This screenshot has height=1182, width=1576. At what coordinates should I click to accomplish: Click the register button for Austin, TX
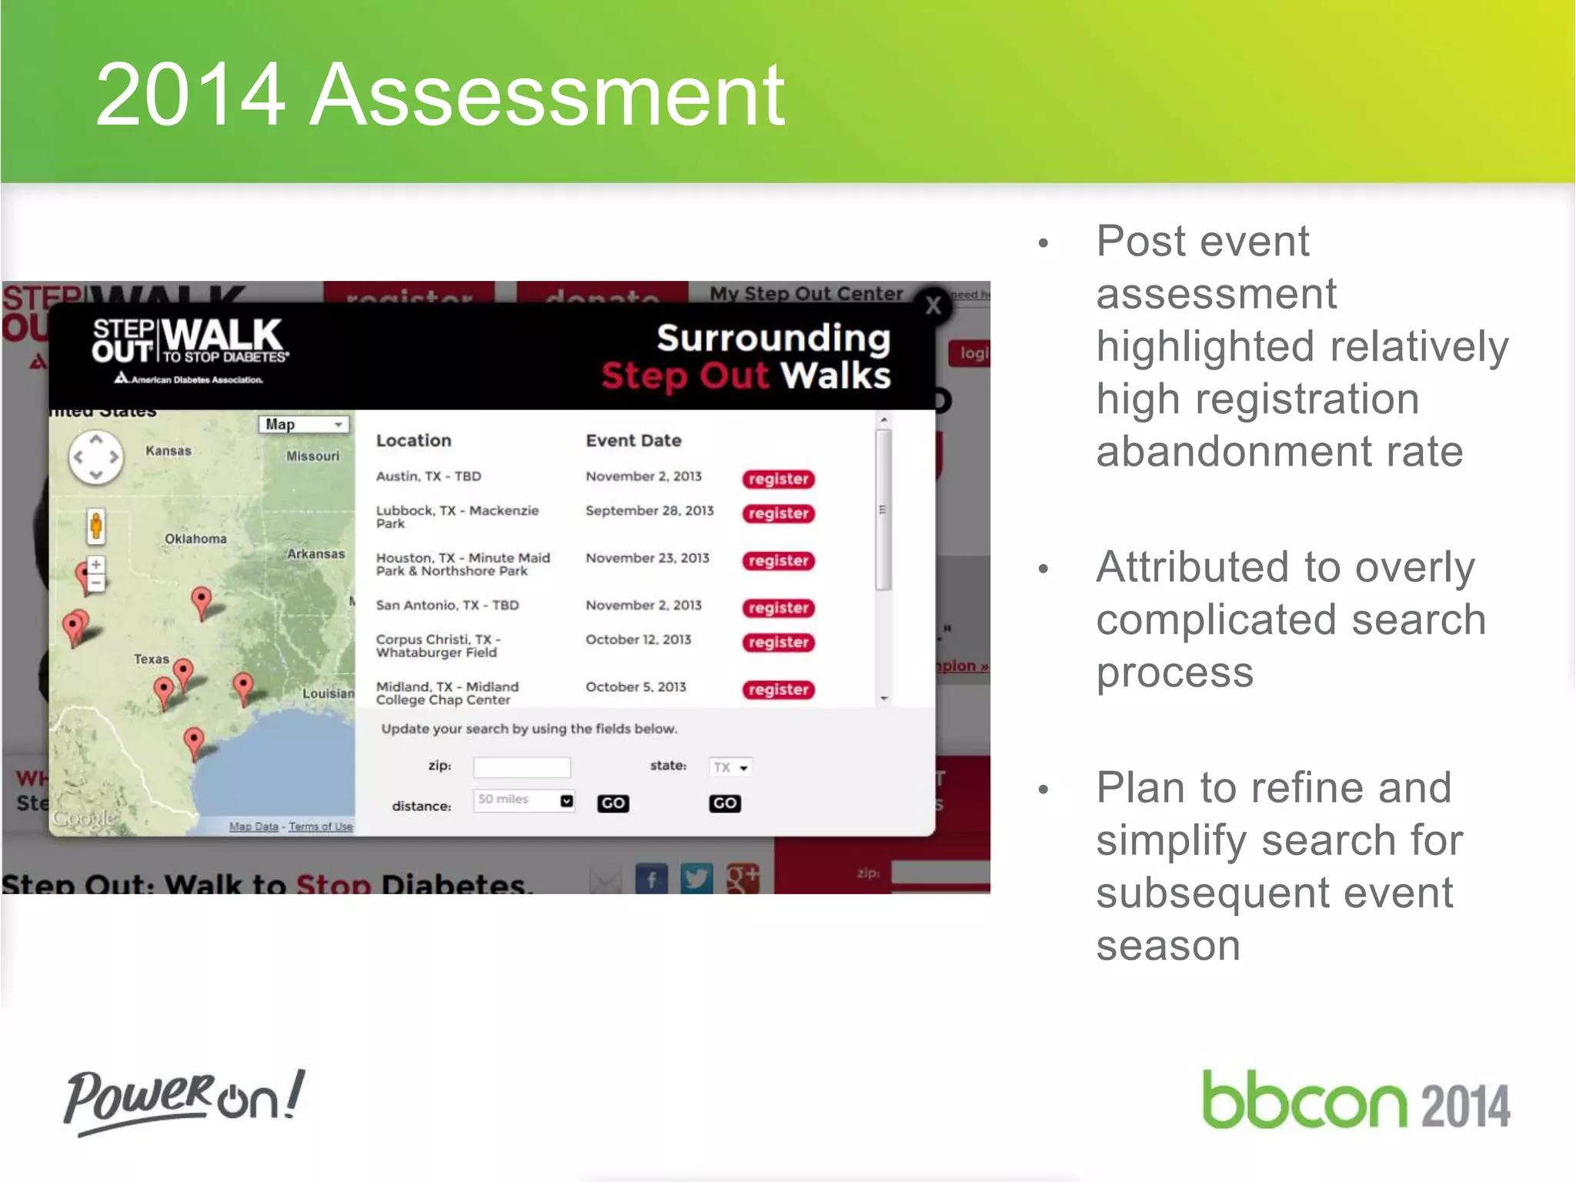(778, 479)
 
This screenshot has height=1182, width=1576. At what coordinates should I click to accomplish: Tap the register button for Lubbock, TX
(778, 513)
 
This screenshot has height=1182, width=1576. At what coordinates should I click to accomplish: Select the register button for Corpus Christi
(778, 643)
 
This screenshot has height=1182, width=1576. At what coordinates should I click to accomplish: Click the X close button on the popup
(933, 306)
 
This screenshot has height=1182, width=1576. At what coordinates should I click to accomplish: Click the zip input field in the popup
(522, 767)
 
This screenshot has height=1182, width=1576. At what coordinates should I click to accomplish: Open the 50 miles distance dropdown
(523, 800)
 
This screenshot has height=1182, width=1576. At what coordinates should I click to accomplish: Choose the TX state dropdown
(730, 767)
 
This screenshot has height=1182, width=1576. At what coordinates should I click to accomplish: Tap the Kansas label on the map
(169, 451)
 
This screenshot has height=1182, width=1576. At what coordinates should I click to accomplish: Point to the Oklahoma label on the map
(195, 539)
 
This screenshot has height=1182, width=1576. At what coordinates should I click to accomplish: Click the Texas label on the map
(151, 659)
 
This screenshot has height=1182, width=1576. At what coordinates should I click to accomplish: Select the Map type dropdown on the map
(303, 424)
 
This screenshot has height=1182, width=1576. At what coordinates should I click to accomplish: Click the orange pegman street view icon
(96, 526)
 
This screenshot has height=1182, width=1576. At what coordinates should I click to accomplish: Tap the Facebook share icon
(651, 879)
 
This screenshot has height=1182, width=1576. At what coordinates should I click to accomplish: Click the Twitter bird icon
(696, 879)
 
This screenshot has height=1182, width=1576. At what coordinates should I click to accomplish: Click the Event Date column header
(633, 441)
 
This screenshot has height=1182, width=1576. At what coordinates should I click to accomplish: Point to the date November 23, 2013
(647, 558)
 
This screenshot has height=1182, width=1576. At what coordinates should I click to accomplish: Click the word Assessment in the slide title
(546, 95)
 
